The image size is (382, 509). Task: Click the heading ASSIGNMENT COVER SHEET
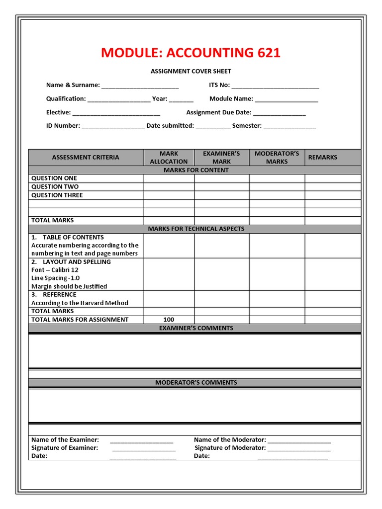[191, 72]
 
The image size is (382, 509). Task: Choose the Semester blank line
[289, 126]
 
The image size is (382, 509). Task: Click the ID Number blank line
[113, 126]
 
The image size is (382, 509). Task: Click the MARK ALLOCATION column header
[169, 158]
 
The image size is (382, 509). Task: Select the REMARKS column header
[323, 158]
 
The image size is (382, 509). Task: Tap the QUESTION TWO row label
[55, 187]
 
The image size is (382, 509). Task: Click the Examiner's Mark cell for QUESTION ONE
[221, 178]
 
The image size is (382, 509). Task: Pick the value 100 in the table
[169, 320]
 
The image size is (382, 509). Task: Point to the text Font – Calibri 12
[55, 270]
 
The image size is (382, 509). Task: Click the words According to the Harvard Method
[80, 303]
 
